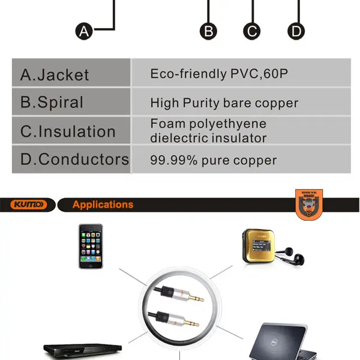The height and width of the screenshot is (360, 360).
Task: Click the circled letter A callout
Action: (x=85, y=31)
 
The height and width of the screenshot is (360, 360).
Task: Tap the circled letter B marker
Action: (x=208, y=31)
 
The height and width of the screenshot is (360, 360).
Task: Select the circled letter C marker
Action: (x=251, y=31)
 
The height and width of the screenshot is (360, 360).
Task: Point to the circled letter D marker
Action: (x=296, y=31)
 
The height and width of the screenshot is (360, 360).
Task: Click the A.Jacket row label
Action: (x=55, y=75)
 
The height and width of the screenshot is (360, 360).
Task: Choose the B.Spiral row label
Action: (x=52, y=102)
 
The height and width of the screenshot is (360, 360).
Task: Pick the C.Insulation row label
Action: (x=68, y=131)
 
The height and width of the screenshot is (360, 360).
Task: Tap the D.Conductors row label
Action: (x=74, y=160)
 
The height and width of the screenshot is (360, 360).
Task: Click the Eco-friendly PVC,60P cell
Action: (x=219, y=74)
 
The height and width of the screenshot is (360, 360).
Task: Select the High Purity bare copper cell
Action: (x=224, y=103)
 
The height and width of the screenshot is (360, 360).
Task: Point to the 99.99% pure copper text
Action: (x=213, y=160)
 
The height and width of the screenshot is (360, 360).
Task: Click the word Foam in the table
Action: (x=164, y=124)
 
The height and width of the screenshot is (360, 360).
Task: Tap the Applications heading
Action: (x=103, y=205)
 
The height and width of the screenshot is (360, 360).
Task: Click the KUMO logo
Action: (x=28, y=205)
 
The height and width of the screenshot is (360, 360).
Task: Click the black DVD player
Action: (x=83, y=349)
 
